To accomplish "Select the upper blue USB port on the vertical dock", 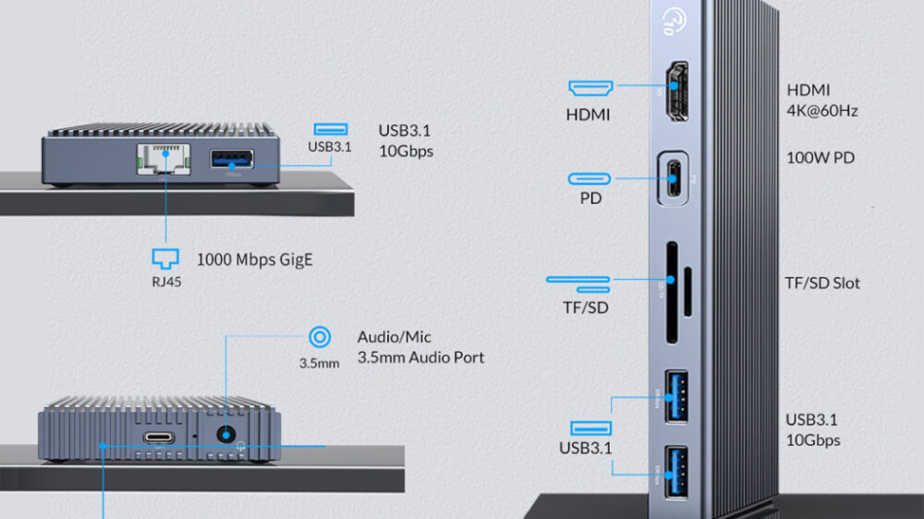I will pyautogui.click(x=675, y=398).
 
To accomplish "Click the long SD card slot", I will pyautogui.click(x=671, y=293).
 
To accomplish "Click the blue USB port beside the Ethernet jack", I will pyautogui.click(x=231, y=159).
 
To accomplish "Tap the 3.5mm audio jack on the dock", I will pyautogui.click(x=228, y=435).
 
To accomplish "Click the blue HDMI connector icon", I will pyautogui.click(x=590, y=88).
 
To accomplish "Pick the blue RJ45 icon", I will pyautogui.click(x=166, y=259).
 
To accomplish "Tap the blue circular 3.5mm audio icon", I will pyautogui.click(x=319, y=337).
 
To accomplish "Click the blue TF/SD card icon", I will pyautogui.click(x=578, y=283).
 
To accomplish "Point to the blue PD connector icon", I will pyautogui.click(x=589, y=179).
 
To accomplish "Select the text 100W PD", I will pyautogui.click(x=821, y=157).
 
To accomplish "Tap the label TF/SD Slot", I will pyautogui.click(x=822, y=284).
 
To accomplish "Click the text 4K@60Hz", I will pyautogui.click(x=822, y=111).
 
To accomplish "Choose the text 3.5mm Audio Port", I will pyautogui.click(x=420, y=358).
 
